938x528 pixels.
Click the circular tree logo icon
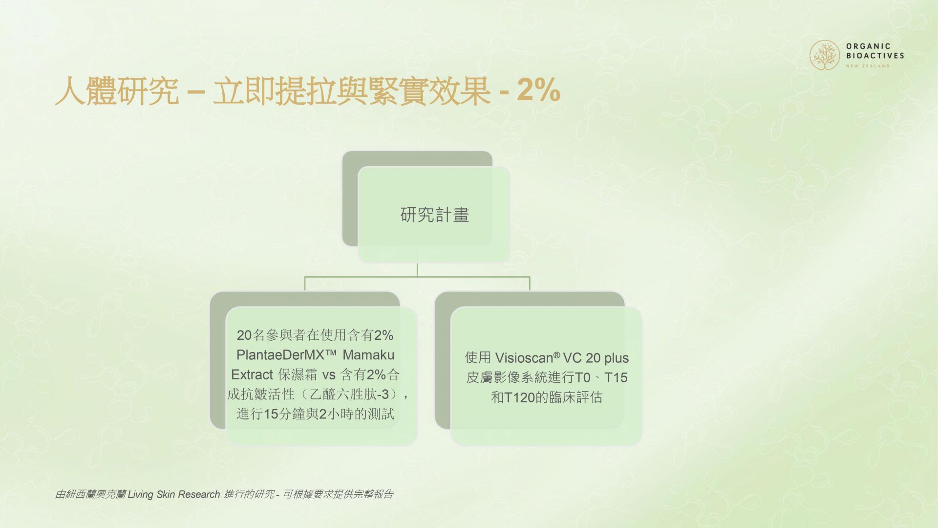tap(825, 55)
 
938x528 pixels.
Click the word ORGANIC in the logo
tap(869, 46)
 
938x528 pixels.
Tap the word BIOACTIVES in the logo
tap(875, 56)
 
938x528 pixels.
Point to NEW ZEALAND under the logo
tap(868, 66)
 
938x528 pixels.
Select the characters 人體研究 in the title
tap(117, 91)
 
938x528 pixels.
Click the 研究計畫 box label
tap(435, 215)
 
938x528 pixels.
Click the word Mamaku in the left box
tap(368, 355)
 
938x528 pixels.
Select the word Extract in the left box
tap(252, 374)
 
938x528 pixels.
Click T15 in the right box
tap(616, 377)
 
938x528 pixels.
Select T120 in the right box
tap(520, 397)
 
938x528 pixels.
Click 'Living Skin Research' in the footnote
tap(174, 495)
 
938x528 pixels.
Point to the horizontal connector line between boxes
tap(417, 277)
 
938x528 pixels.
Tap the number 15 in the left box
tap(271, 414)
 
